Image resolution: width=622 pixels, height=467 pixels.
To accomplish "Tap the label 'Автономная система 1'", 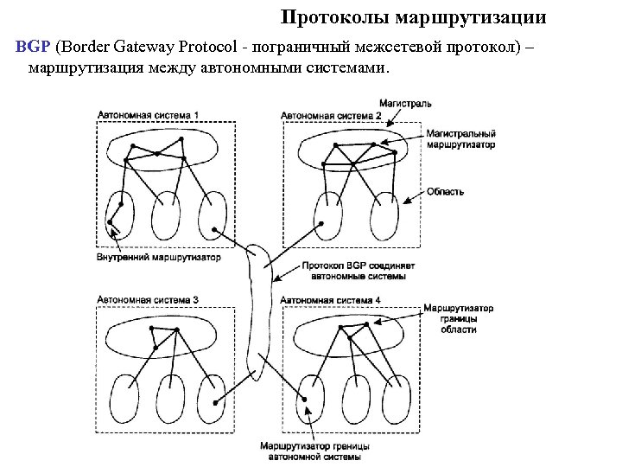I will point(148,114).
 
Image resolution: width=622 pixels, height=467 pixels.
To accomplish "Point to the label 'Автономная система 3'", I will point(148,299).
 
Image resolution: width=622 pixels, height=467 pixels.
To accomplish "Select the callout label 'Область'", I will point(445,191).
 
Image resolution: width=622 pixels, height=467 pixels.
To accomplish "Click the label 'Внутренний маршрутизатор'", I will point(158,257).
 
